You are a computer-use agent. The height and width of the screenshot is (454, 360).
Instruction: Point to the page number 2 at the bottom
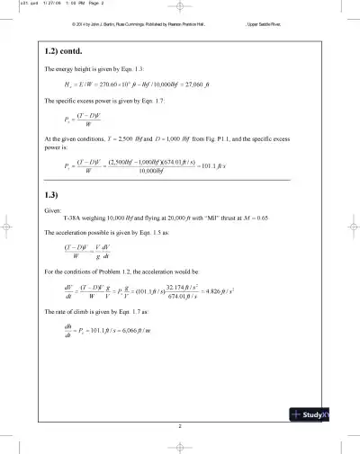pos(180,423)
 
